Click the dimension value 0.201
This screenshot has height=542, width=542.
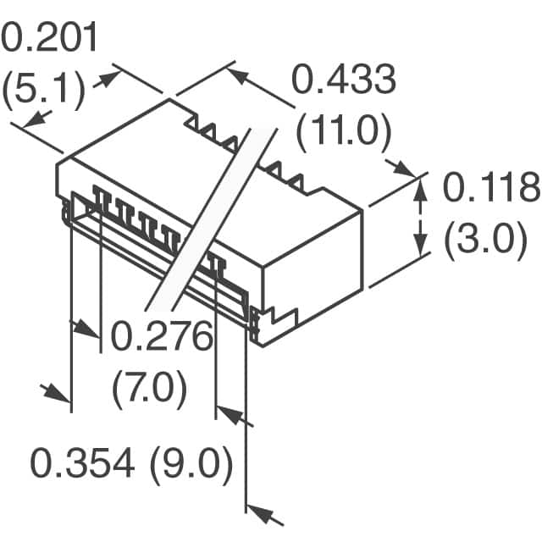click(49, 37)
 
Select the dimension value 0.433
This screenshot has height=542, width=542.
click(344, 80)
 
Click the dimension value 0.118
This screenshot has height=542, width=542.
click(491, 187)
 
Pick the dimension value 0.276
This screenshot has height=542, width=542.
click(162, 335)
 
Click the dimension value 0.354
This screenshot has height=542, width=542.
click(82, 462)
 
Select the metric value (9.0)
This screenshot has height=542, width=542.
click(191, 463)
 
